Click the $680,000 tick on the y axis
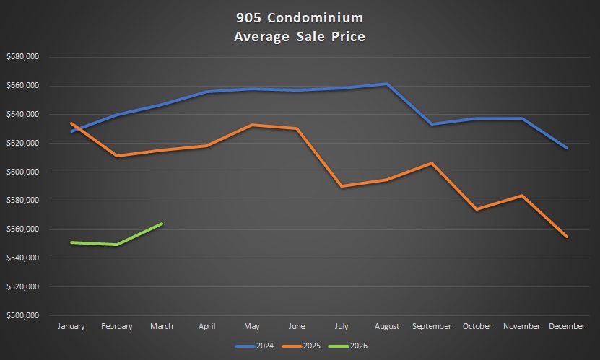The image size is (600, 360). tap(23, 57)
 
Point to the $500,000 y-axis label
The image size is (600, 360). tap(23, 316)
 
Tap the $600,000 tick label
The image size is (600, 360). tap(23, 172)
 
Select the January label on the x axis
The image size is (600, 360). tap(71, 327)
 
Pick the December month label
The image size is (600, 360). tap(566, 327)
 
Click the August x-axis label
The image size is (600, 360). tap(386, 327)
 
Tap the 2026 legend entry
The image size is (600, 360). tap(352, 346)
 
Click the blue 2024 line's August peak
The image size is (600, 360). tap(387, 84)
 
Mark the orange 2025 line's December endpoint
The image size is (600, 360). tap(567, 237)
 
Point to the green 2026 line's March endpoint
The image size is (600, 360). tap(162, 224)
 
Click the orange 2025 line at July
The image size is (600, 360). tap(342, 186)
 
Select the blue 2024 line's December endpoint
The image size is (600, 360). tap(567, 148)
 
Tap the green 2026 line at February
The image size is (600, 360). tap(117, 245)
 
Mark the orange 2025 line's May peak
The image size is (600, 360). tap(251, 125)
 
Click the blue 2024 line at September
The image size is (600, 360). tap(432, 124)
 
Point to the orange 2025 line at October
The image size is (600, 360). tap(477, 209)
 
